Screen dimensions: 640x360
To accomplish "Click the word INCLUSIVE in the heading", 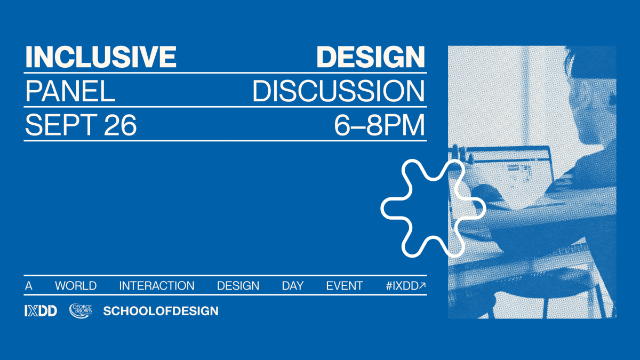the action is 101,57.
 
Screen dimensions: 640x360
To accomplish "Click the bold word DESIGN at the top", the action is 371,57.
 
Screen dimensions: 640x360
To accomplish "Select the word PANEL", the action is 70,91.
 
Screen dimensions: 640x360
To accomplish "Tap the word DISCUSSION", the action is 338,91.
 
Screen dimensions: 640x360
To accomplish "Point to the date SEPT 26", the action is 81,125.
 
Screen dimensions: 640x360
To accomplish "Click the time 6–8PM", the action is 379,125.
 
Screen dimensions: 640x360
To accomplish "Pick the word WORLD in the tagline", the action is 76,286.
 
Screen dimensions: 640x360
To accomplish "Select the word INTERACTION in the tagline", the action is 157,286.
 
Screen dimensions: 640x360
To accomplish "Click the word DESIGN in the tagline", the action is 238,286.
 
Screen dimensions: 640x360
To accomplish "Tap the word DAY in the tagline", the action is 293,286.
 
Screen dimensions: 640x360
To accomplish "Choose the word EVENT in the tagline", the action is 345,286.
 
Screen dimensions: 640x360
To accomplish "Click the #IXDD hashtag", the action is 402,286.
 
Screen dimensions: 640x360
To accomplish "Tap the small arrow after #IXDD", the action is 422,285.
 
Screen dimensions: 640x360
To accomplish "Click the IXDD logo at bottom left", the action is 41,310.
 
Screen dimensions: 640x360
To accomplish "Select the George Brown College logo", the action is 81,310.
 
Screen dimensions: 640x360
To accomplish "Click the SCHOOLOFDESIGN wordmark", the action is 161,311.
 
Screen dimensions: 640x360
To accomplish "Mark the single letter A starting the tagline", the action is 29,286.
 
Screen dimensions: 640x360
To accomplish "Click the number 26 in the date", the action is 121,125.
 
